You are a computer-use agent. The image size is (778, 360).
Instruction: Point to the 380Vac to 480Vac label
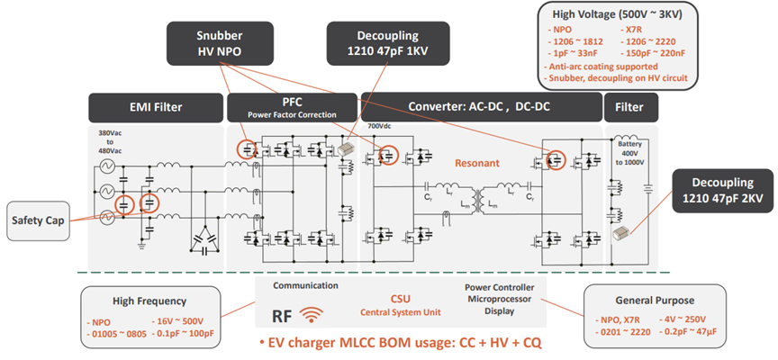[111, 145]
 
